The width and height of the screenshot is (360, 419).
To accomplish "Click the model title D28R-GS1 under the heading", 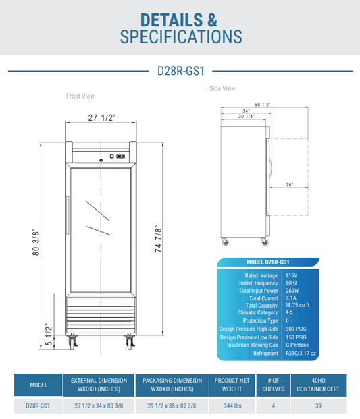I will click(x=180, y=70).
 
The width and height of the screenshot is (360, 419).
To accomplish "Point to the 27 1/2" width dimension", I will click(x=102, y=118).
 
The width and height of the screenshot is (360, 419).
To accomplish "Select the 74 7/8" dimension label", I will click(x=157, y=239).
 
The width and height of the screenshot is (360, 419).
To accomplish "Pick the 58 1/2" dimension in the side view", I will click(x=263, y=105).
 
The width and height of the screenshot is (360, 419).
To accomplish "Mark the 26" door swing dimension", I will click(x=289, y=185).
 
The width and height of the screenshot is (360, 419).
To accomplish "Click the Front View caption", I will click(x=80, y=96).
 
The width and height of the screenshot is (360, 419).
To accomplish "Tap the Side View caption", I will click(x=222, y=88).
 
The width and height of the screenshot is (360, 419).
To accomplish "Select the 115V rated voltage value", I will click(x=290, y=275).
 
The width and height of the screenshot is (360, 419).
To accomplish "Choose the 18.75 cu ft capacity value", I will click(x=298, y=305).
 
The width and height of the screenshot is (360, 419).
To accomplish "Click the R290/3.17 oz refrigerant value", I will click(x=301, y=353).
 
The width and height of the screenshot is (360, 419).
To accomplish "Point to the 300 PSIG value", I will click(x=297, y=329).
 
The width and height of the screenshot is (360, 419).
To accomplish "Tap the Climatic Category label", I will click(x=257, y=312).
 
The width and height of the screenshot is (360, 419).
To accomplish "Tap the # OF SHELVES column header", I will click(x=274, y=385).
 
